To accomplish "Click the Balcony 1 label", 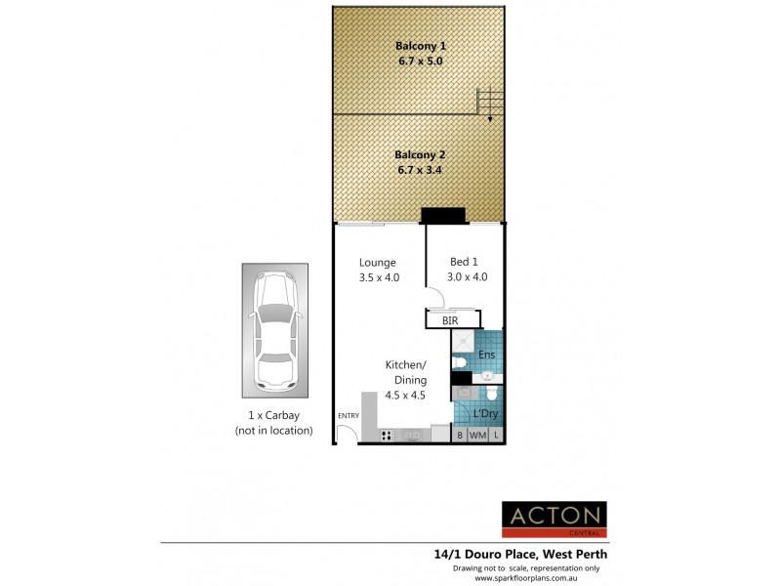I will [420, 45].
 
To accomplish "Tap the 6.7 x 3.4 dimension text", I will [420, 170].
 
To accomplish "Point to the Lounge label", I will [377, 262].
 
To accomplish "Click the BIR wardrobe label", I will [450, 319].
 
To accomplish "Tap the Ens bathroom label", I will [487, 355].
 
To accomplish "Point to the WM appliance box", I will [477, 435].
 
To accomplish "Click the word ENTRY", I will [348, 417].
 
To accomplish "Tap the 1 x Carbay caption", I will [273, 415].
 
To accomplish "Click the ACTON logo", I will [554, 519].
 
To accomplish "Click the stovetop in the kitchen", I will [387, 435].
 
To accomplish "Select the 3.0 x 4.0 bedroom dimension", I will [468, 276].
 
